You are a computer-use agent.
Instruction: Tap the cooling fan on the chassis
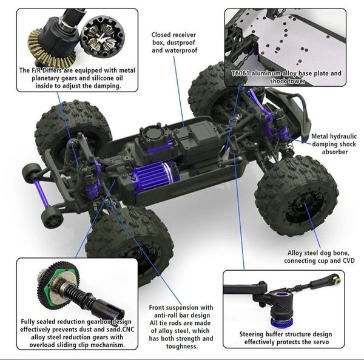(x=153, y=134)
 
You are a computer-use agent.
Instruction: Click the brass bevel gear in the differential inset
(x=50, y=49)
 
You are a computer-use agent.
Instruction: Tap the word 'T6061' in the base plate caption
(x=240, y=73)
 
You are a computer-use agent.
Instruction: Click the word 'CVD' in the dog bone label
(x=349, y=260)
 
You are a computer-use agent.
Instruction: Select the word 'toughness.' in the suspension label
(x=182, y=346)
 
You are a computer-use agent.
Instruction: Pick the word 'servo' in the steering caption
(x=320, y=342)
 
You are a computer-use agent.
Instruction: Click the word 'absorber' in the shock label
(x=334, y=152)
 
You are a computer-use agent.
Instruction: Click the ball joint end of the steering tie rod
(x=336, y=277)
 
